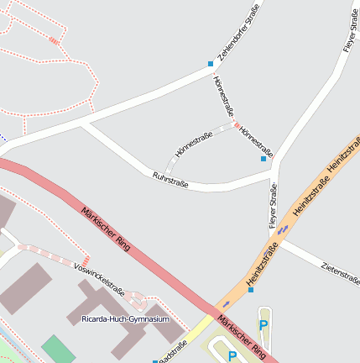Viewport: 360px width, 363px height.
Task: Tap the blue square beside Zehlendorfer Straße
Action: tap(211, 63)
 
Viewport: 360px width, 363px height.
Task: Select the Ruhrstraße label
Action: tap(170, 179)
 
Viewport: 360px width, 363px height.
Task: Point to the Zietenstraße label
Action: tap(340, 271)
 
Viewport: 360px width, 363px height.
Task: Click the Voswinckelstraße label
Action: tap(99, 280)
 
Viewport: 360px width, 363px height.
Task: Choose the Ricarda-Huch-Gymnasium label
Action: tap(125, 319)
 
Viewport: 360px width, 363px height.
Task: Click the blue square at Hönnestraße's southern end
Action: tap(263, 158)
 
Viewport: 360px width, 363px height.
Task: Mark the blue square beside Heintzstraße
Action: tap(250, 290)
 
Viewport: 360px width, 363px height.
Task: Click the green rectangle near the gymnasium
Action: tap(58, 349)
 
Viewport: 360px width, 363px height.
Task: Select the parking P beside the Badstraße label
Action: tap(233, 356)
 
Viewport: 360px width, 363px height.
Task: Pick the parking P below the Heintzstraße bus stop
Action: tap(263, 325)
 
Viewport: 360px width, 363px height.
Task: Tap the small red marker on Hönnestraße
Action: tap(237, 126)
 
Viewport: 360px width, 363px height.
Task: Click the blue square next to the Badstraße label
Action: tap(154, 361)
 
